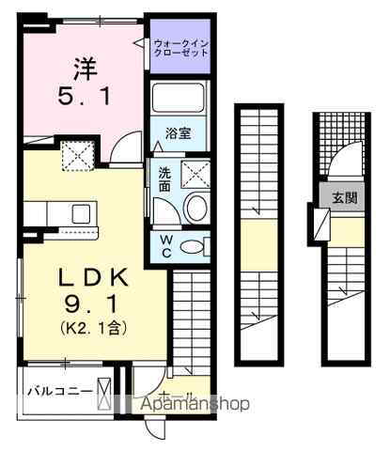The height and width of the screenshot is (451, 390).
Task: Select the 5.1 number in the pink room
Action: coord(85,96)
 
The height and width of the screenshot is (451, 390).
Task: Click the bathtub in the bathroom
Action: coord(179,100)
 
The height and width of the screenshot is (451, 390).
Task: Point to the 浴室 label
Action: coord(179,132)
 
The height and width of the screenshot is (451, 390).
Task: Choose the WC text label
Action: coord(164,246)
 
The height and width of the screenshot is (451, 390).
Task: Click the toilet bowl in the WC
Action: coord(192,247)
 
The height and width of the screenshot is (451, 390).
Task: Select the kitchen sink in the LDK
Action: coord(80,211)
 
